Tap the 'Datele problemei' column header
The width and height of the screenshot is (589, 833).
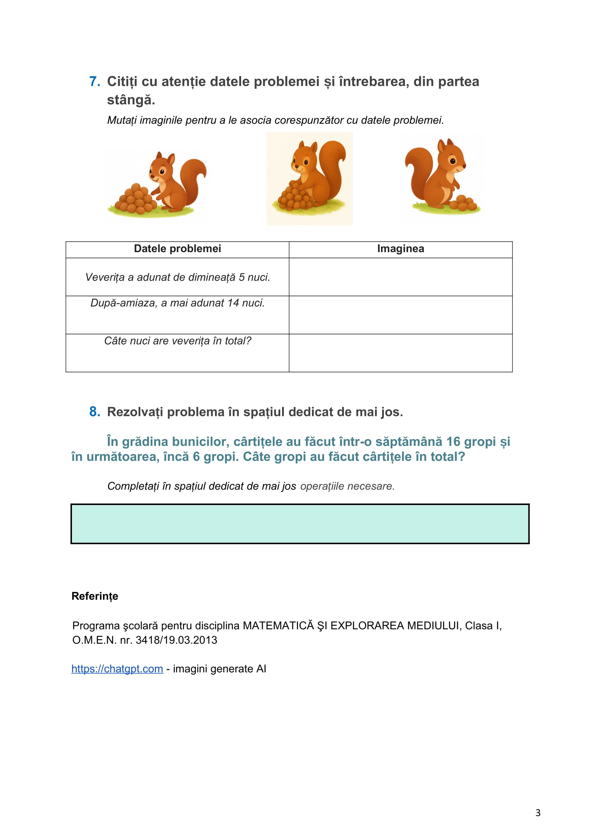177,249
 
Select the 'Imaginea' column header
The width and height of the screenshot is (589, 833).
400,249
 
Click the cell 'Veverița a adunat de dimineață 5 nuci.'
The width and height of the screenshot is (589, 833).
177,277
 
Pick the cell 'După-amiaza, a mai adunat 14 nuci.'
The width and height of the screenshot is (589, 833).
177,303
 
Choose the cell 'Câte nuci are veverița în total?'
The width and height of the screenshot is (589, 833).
177,341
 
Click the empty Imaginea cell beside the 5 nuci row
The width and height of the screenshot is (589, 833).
400,277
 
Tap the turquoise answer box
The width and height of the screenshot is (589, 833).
300,524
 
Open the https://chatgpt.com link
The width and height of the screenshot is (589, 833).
117,669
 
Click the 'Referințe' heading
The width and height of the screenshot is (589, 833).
95,596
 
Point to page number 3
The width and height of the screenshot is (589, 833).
538,813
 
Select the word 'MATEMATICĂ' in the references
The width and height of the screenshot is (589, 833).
278,625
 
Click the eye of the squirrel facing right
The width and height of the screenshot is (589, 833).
453,161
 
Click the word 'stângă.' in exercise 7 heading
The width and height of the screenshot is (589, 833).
131,100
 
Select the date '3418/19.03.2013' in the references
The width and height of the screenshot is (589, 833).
176,640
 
